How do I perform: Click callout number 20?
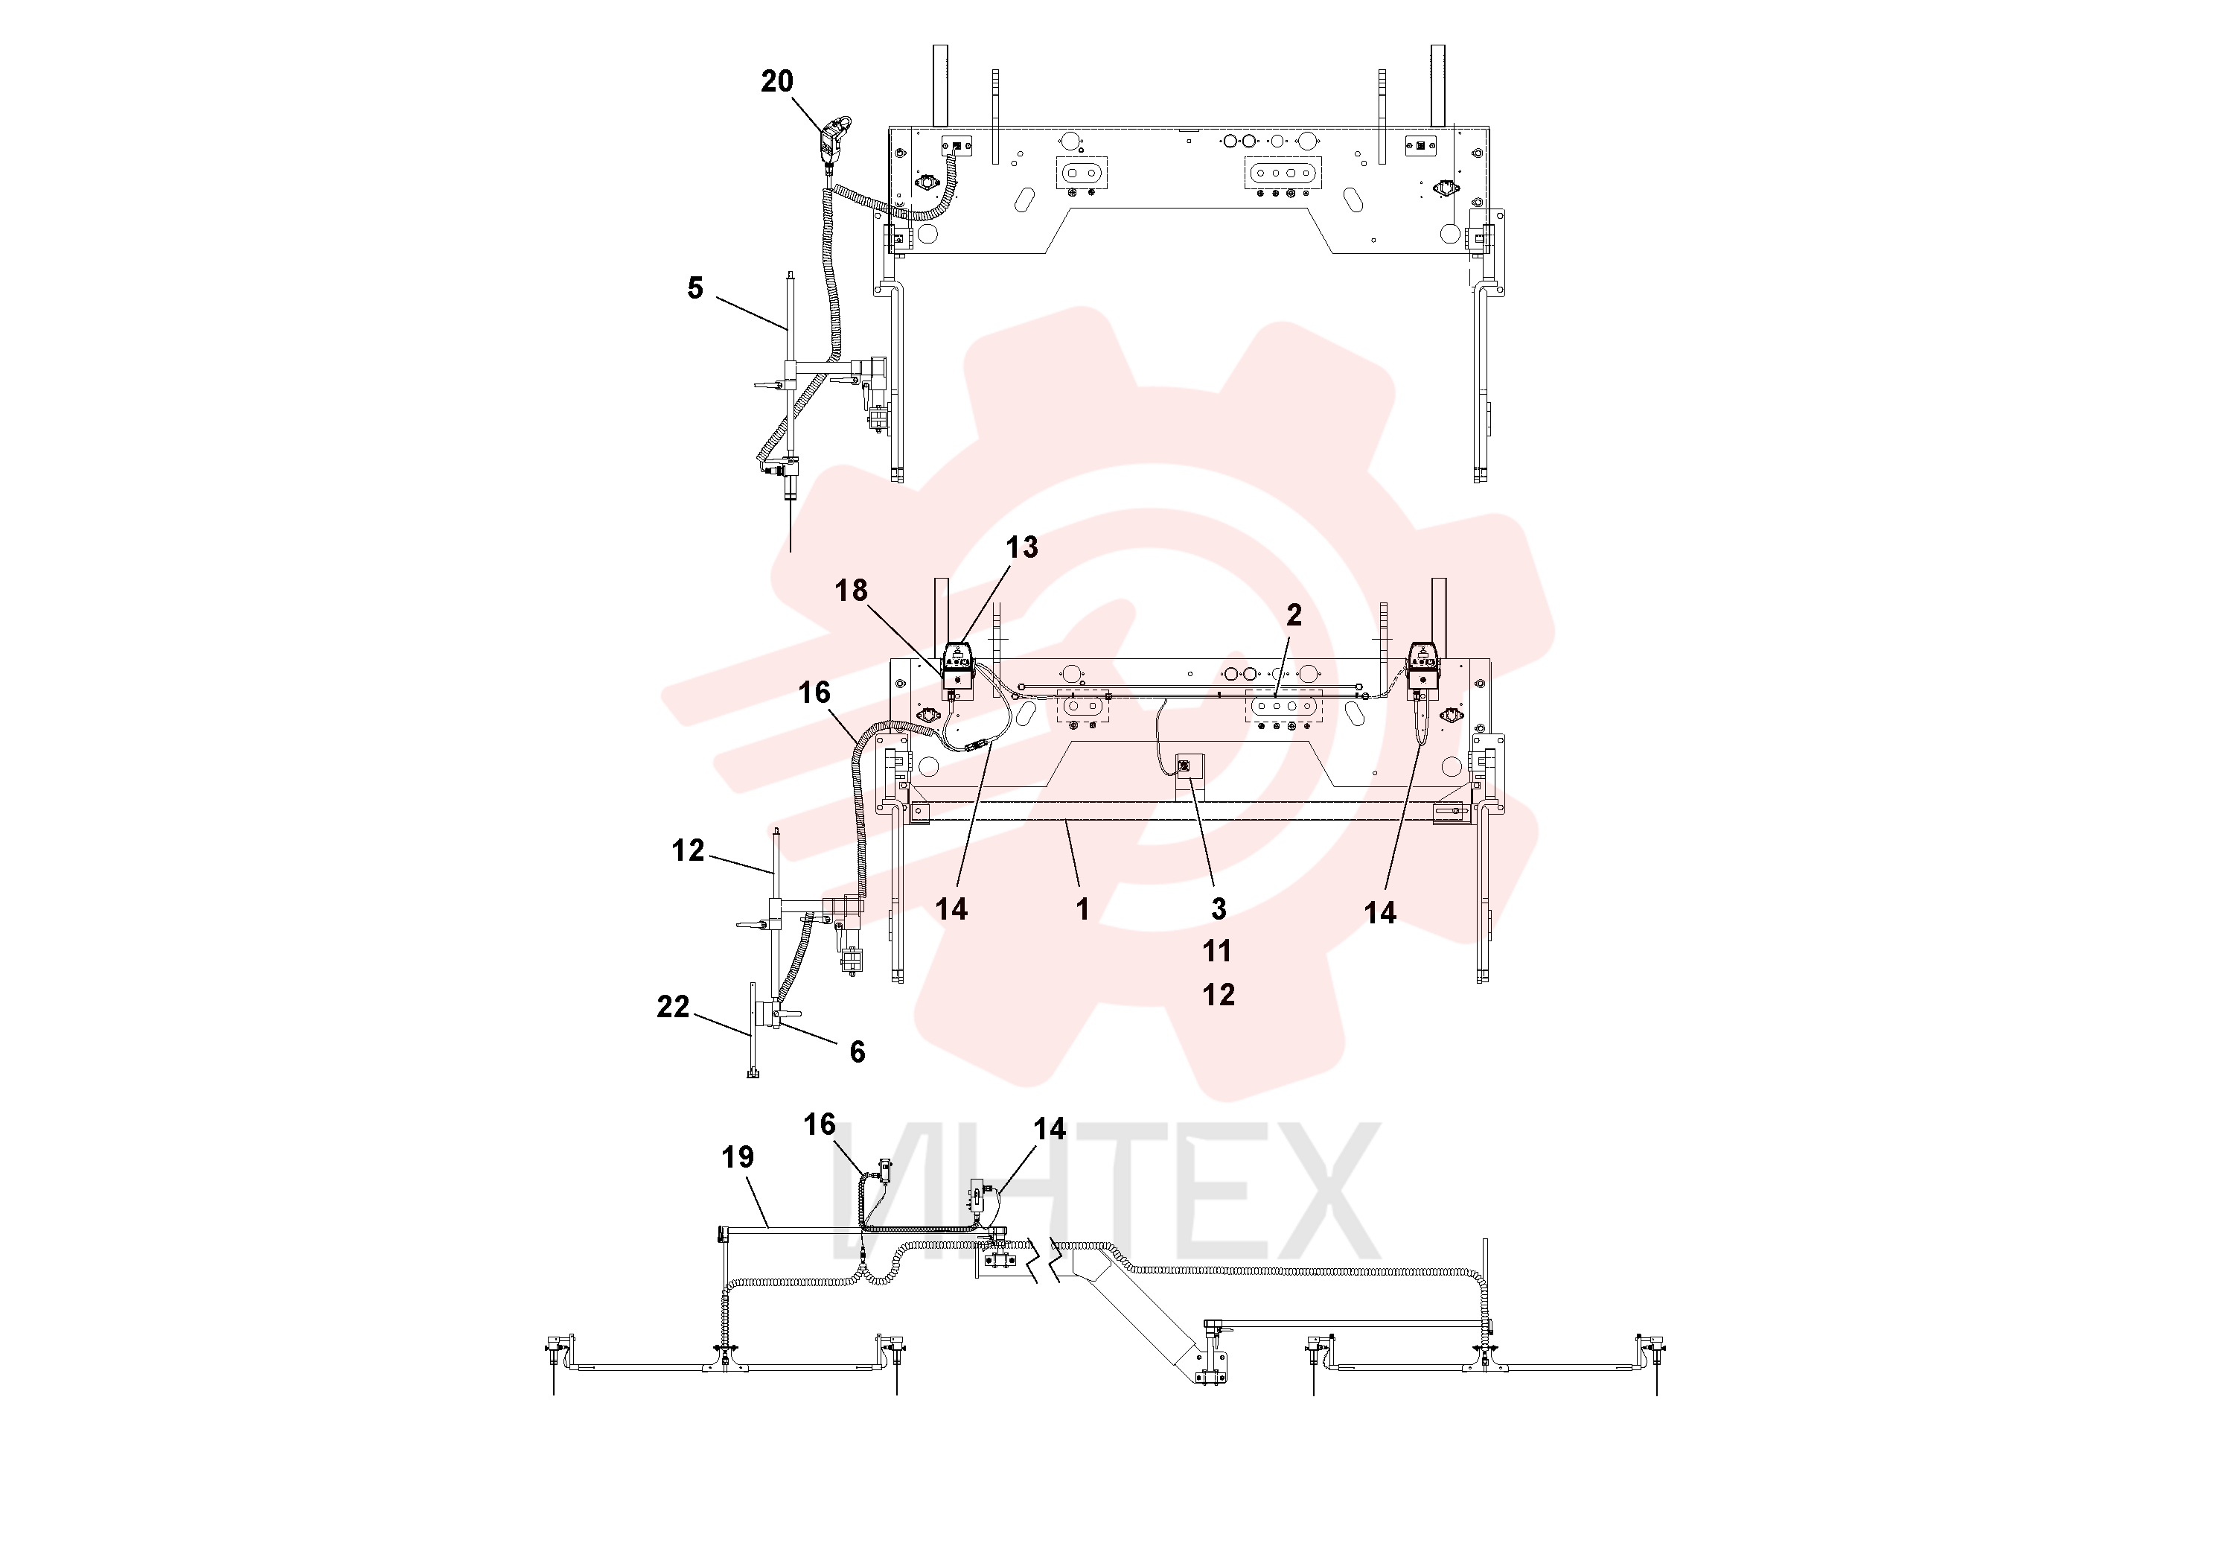point(777,81)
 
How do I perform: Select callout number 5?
point(695,287)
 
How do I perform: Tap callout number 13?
point(1022,547)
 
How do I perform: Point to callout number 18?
point(852,590)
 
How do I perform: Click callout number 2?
point(1294,615)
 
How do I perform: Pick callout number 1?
point(1083,908)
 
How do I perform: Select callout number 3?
point(1219,908)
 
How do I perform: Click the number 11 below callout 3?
point(1218,951)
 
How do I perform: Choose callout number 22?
point(674,1007)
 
